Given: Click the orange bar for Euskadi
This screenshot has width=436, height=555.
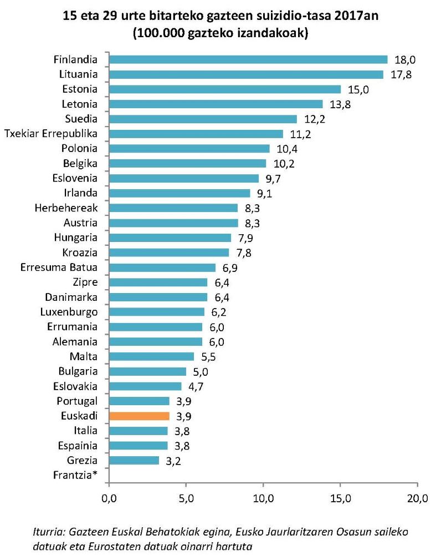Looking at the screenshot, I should [139, 416].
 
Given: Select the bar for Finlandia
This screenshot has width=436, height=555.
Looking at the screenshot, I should [248, 59].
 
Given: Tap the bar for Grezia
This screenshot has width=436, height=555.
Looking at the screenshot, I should [134, 460].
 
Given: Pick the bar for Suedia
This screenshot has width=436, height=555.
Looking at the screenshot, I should [203, 119].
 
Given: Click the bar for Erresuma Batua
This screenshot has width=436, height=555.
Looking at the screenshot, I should [162, 268].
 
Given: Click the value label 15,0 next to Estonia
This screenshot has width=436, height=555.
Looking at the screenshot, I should [358, 89].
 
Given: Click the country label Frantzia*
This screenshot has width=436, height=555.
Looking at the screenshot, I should [77, 475].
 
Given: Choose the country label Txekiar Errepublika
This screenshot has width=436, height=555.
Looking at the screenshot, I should [51, 134].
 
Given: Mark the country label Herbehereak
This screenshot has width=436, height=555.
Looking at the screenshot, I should [66, 208].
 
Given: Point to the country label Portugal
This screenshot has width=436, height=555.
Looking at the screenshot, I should [77, 401].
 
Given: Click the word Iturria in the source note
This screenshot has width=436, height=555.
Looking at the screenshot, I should [49, 532].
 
